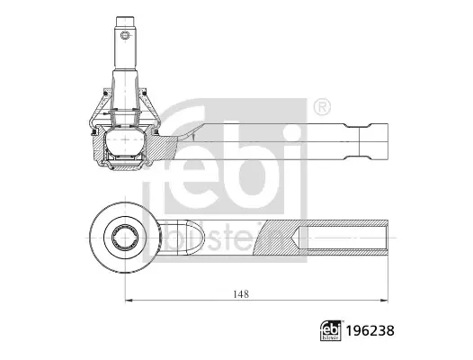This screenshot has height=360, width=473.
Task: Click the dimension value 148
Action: [241, 294]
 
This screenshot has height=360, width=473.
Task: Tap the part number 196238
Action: [370, 330]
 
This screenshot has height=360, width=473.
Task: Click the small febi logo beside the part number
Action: [331, 330]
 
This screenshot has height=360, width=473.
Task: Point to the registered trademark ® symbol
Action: [322, 107]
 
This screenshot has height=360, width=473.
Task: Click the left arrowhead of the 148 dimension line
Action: [129, 301]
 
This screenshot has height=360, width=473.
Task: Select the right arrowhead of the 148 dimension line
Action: [384, 301]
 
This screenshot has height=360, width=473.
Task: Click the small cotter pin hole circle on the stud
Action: [125, 35]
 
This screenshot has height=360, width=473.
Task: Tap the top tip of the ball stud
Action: [126, 17]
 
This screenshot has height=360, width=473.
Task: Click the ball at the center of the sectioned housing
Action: [125, 139]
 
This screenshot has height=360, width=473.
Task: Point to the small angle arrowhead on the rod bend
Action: [193, 137]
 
